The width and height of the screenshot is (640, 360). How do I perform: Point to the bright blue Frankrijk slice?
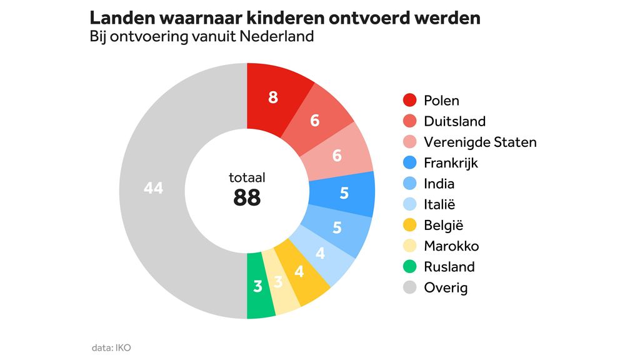click(x=342, y=193)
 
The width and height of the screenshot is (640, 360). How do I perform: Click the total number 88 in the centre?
click(x=247, y=198)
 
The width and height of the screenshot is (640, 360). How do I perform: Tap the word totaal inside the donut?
click(x=247, y=178)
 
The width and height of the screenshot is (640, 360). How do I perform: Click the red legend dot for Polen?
click(x=410, y=101)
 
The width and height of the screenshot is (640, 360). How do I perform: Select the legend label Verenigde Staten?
click(x=480, y=142)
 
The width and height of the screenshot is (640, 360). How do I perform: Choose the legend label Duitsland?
click(x=454, y=121)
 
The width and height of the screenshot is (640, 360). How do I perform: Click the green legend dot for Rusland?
click(x=410, y=267)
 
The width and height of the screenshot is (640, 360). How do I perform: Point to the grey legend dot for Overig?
click(x=410, y=287)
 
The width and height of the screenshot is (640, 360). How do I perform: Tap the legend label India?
click(x=439, y=184)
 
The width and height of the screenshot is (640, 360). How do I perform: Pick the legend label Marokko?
click(x=451, y=246)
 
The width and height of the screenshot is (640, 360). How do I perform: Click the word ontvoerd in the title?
click(x=364, y=17)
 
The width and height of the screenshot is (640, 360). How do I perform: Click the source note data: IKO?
click(x=111, y=347)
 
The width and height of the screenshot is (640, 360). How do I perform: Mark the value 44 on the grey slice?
click(x=153, y=187)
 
